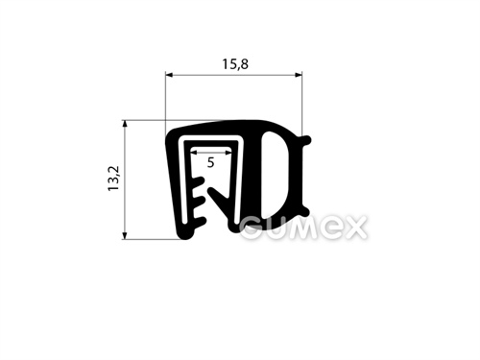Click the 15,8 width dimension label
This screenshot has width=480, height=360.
(x=235, y=64)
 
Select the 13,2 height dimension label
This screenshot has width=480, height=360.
(x=113, y=179)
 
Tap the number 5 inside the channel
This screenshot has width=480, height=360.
(x=210, y=163)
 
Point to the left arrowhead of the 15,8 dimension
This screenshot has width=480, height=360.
(x=169, y=75)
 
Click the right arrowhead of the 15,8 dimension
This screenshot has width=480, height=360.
(x=299, y=75)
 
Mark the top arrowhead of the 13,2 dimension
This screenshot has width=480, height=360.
(x=125, y=124)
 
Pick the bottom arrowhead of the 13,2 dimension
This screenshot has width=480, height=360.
(x=125, y=235)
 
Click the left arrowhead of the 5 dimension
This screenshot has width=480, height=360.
(x=195, y=153)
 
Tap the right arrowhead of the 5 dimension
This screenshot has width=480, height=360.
(x=228, y=153)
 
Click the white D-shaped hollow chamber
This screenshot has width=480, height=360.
(x=272, y=175)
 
